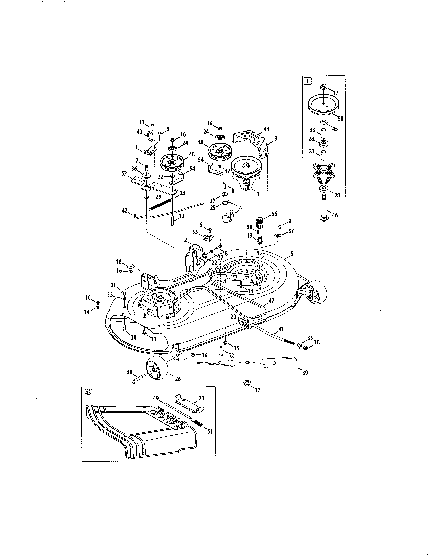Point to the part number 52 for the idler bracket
(124, 173)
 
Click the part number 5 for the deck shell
(292, 254)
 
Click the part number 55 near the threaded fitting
(274, 214)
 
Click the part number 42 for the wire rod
(125, 210)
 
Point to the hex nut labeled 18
(306, 348)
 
